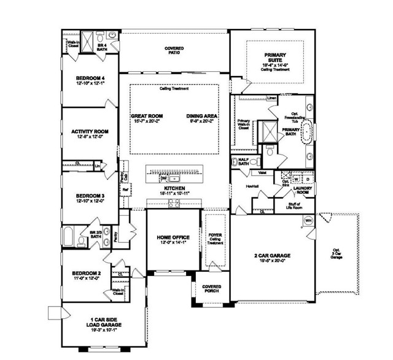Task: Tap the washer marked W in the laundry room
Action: coord(297,180)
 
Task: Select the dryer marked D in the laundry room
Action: coord(308,180)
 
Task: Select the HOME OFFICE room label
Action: coord(173,237)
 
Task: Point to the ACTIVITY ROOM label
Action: coord(90,131)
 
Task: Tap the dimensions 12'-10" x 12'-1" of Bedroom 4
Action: coord(90,84)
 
